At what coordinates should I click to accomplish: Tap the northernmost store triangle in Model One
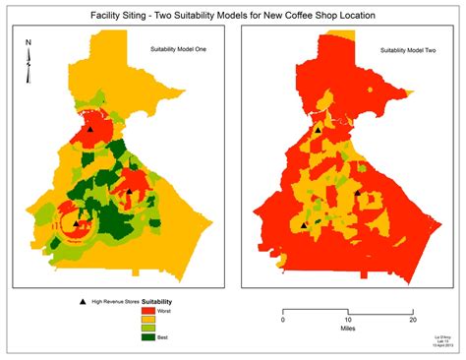pos(90,129)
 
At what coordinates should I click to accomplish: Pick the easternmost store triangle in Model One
pos(129,191)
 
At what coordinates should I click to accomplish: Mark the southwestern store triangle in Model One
pos(77,224)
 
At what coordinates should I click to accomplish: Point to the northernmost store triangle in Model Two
pos(318,129)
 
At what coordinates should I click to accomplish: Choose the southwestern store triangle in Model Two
pos(304,225)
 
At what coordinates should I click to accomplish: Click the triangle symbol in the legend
pos(81,301)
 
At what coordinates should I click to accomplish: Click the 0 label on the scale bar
pos(283,320)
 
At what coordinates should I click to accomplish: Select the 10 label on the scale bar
pos(347,320)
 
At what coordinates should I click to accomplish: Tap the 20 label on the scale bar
pos(413,320)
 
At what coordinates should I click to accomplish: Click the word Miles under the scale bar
pos(347,331)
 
